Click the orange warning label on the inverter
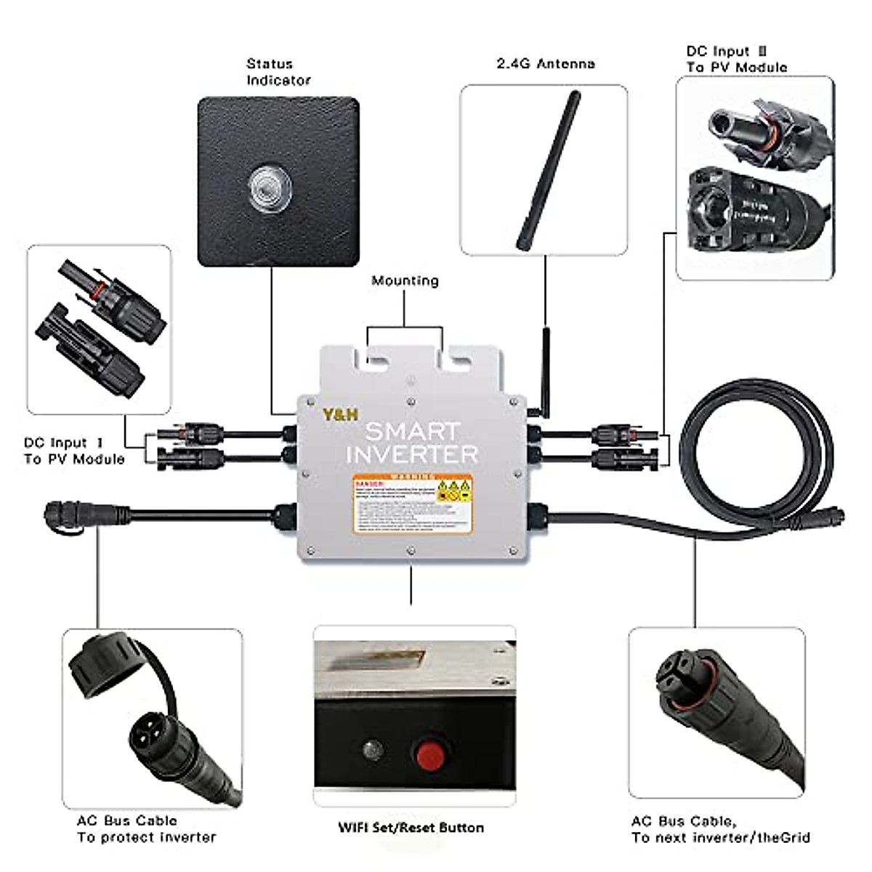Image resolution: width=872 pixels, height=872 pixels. [x=412, y=504]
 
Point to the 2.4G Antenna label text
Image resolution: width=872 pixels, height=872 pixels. [x=545, y=64]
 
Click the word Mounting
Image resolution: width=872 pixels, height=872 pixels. [x=405, y=280]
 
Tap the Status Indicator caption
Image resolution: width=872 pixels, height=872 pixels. [x=278, y=72]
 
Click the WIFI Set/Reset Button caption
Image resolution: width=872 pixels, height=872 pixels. [x=411, y=828]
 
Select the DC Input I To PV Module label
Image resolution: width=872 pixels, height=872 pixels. [x=74, y=451]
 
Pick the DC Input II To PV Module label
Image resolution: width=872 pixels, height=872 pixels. [x=736, y=60]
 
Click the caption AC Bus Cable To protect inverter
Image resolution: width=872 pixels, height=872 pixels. [x=146, y=829]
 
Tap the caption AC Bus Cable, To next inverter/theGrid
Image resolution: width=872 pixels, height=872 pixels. [x=720, y=829]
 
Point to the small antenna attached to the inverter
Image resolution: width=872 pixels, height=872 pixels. [x=546, y=371]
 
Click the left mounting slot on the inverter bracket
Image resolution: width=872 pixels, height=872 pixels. [x=377, y=358]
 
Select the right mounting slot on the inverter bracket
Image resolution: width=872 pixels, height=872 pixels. [x=459, y=358]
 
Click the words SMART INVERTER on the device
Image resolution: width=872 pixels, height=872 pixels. [x=412, y=443]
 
